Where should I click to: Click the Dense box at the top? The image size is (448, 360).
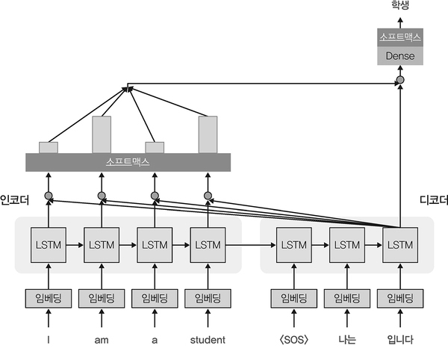click(399, 55)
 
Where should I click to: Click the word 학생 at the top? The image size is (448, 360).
click(399, 6)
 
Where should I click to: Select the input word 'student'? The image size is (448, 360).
click(208, 340)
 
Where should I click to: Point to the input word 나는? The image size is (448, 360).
click(346, 340)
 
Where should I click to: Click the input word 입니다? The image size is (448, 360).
click(399, 340)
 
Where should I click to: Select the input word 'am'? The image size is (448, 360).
click(102, 340)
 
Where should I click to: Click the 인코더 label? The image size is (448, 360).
click(14, 199)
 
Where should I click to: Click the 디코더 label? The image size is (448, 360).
click(434, 199)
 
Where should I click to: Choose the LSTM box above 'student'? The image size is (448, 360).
click(208, 244)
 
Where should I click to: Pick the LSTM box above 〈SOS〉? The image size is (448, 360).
click(292, 244)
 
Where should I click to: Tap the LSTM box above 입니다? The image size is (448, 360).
click(399, 244)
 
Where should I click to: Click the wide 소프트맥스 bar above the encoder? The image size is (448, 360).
click(128, 161)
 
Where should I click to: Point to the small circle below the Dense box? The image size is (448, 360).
click(399, 78)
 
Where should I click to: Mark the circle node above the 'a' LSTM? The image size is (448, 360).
click(155, 196)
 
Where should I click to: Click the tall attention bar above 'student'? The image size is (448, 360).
click(208, 134)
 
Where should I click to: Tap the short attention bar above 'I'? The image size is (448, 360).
click(48, 147)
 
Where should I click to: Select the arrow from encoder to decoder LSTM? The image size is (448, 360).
click(250, 244)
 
